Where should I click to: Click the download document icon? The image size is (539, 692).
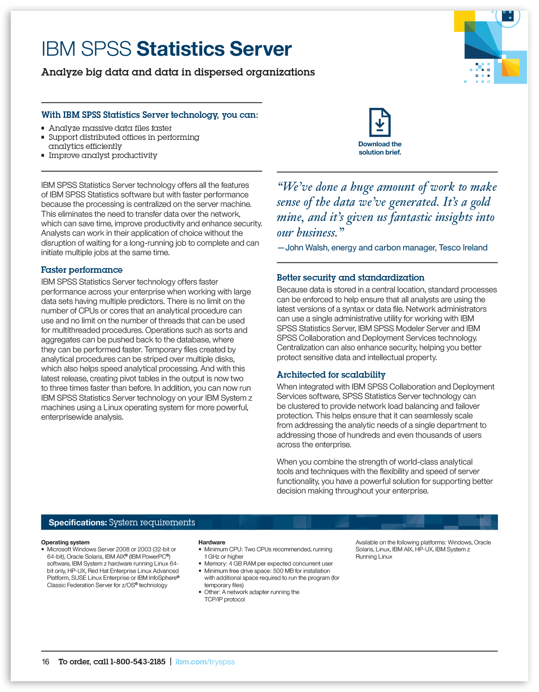pos(379,123)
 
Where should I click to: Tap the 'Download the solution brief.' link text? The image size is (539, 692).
pos(379,148)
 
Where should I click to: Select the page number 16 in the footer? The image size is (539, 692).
pos(45,662)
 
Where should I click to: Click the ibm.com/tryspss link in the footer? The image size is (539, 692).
pos(205,662)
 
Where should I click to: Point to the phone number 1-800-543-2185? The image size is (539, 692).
pos(138,662)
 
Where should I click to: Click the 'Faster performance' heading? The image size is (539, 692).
pos(81,270)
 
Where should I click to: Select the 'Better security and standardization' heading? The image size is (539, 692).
pos(350,278)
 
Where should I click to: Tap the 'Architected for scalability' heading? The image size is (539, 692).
pos(331,375)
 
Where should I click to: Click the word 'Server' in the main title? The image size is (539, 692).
pos(260,49)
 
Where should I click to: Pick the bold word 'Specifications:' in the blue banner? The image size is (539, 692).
pos(78,522)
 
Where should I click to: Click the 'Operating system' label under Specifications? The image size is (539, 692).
pos(65,542)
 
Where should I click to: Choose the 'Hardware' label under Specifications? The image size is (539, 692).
pos(211,542)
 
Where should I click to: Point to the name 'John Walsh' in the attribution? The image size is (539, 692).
pos(306,248)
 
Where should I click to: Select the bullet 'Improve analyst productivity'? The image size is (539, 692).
pos(103,155)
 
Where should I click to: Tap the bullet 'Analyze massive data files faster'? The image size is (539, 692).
pos(110,128)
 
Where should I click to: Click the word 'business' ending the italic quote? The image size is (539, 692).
pos(317,233)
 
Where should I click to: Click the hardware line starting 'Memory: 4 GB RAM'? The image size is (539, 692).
pos(268,564)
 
